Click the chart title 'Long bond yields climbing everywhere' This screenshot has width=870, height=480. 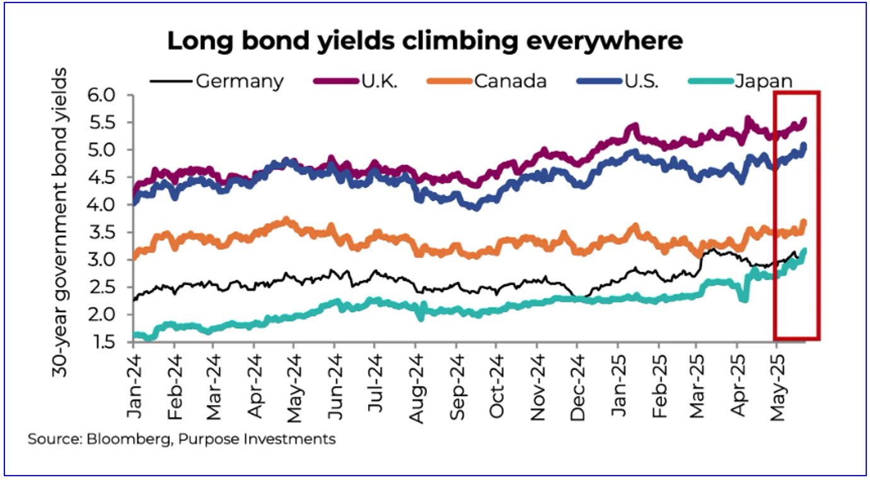pyautogui.click(x=424, y=41)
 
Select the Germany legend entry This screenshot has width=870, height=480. pyautogui.click(x=240, y=81)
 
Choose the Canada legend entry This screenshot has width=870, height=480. pyautogui.click(x=511, y=81)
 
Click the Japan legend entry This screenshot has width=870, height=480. pyautogui.click(x=763, y=81)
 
